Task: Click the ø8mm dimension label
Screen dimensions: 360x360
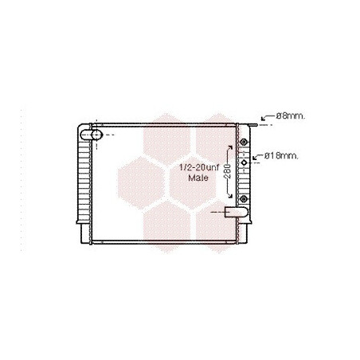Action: click(x=291, y=116)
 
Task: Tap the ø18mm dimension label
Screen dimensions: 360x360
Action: click(x=281, y=156)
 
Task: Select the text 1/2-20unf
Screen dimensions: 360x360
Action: click(x=199, y=167)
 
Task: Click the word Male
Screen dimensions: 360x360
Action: click(x=198, y=178)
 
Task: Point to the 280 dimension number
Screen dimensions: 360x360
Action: click(x=228, y=171)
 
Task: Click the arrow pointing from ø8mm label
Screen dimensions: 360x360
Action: click(x=268, y=117)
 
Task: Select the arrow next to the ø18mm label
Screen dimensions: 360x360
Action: click(x=257, y=157)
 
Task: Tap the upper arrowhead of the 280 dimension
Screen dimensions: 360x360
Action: click(x=230, y=147)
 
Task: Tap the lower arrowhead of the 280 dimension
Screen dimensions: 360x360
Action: click(x=230, y=195)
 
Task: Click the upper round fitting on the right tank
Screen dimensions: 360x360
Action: click(x=244, y=142)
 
